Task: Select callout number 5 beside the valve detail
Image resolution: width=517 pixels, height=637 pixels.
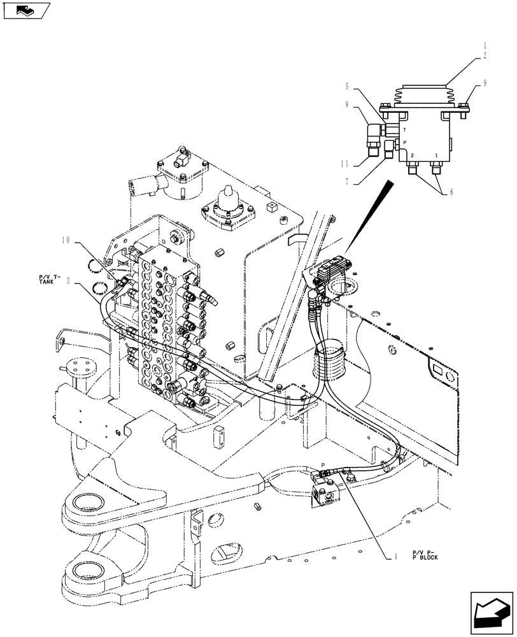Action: (348, 86)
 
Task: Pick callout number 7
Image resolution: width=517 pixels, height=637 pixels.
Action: (348, 182)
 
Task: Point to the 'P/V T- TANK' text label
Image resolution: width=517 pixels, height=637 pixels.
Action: (47, 279)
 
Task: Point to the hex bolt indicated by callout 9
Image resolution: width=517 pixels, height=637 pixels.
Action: (464, 108)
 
